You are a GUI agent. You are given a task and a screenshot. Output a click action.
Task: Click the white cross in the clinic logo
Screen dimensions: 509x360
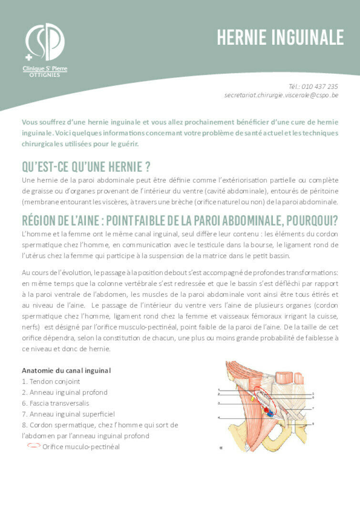click(29, 57)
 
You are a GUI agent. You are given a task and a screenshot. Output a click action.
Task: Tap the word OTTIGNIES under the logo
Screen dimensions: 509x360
click(45, 75)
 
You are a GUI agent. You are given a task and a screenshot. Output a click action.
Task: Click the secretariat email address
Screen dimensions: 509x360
click(281, 95)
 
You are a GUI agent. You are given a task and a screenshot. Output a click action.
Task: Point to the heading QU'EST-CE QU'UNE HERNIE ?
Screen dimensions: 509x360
click(86, 167)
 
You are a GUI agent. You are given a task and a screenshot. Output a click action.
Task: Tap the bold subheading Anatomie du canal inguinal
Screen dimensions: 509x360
click(66, 370)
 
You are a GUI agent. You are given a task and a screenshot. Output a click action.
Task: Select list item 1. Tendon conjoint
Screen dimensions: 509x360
click(51, 381)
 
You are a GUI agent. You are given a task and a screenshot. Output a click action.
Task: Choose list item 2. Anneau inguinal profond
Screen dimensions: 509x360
click(64, 392)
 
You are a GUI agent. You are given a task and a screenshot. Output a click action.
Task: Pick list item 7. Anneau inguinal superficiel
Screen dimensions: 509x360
click(68, 414)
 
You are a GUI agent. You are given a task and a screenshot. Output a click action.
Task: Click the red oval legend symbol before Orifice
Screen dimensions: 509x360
click(34, 445)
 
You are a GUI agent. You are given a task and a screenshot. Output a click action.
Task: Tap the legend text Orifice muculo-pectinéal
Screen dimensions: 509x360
click(81, 447)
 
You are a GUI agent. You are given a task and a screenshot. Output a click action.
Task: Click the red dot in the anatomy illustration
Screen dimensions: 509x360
click(266, 409)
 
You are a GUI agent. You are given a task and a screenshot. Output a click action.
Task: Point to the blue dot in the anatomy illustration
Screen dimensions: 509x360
click(270, 414)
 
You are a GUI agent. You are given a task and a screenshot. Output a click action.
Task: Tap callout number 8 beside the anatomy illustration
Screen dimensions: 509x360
click(313, 424)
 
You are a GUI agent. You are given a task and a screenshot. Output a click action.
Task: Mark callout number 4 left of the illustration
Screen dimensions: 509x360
click(219, 417)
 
